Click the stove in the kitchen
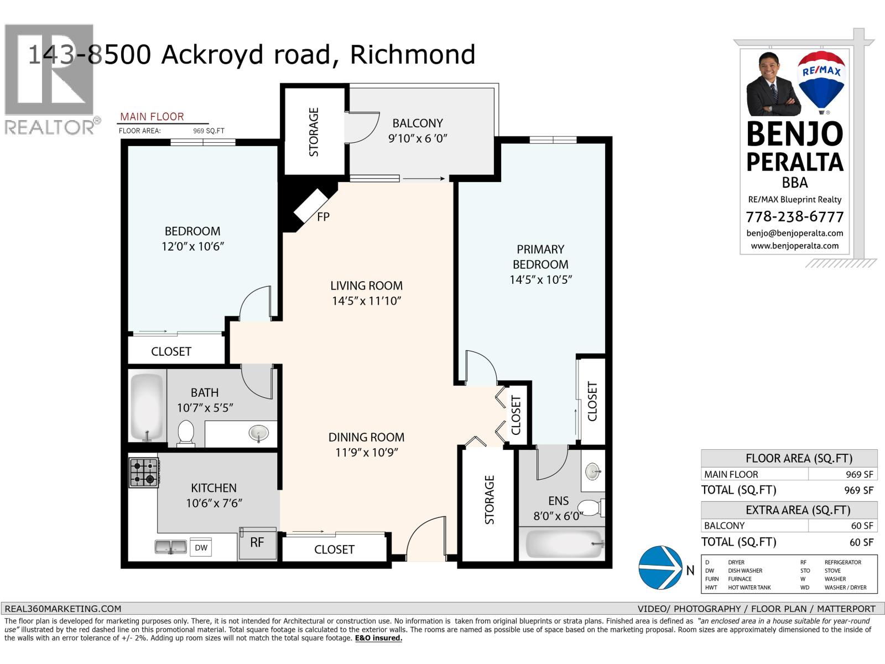[x=144, y=472]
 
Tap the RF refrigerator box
[x=257, y=542]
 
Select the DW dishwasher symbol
[x=201, y=548]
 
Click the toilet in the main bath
[x=185, y=433]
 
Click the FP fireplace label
[x=323, y=217]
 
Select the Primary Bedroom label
[x=540, y=257]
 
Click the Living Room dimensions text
[x=366, y=302]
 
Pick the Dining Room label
[x=366, y=437]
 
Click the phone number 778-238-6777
[x=794, y=216]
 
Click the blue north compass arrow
[x=660, y=568]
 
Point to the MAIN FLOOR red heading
[x=152, y=117]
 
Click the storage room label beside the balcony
[x=314, y=132]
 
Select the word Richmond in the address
[x=413, y=55]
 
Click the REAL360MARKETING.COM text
[x=63, y=608]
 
